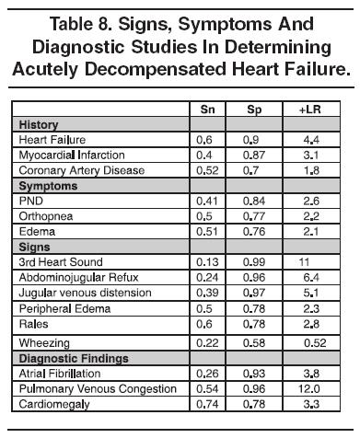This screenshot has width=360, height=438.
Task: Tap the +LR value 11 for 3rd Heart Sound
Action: pyautogui.click(x=306, y=261)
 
